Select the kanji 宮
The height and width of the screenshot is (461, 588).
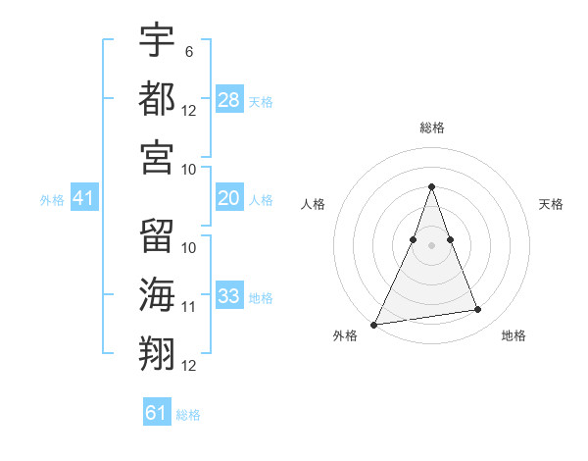(x=157, y=157)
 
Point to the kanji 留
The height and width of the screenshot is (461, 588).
(x=157, y=235)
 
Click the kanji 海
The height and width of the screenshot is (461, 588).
(x=157, y=295)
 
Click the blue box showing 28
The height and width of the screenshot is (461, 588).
(x=229, y=99)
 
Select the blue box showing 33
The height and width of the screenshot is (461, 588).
(x=229, y=296)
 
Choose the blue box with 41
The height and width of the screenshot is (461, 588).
(x=84, y=199)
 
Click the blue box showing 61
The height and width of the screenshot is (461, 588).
(x=157, y=413)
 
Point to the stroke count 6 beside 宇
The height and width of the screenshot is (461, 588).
(x=188, y=48)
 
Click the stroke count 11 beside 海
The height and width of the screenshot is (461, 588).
(x=189, y=307)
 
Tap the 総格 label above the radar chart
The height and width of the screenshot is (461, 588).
(x=431, y=128)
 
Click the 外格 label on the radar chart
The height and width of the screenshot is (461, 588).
(x=345, y=335)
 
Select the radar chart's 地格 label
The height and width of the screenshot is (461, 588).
(x=514, y=335)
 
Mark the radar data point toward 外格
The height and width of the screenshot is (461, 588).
(x=374, y=324)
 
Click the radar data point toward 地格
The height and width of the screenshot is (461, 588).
(x=478, y=310)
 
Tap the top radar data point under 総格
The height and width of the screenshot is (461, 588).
(x=431, y=187)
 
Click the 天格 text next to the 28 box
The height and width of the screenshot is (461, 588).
(x=260, y=101)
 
